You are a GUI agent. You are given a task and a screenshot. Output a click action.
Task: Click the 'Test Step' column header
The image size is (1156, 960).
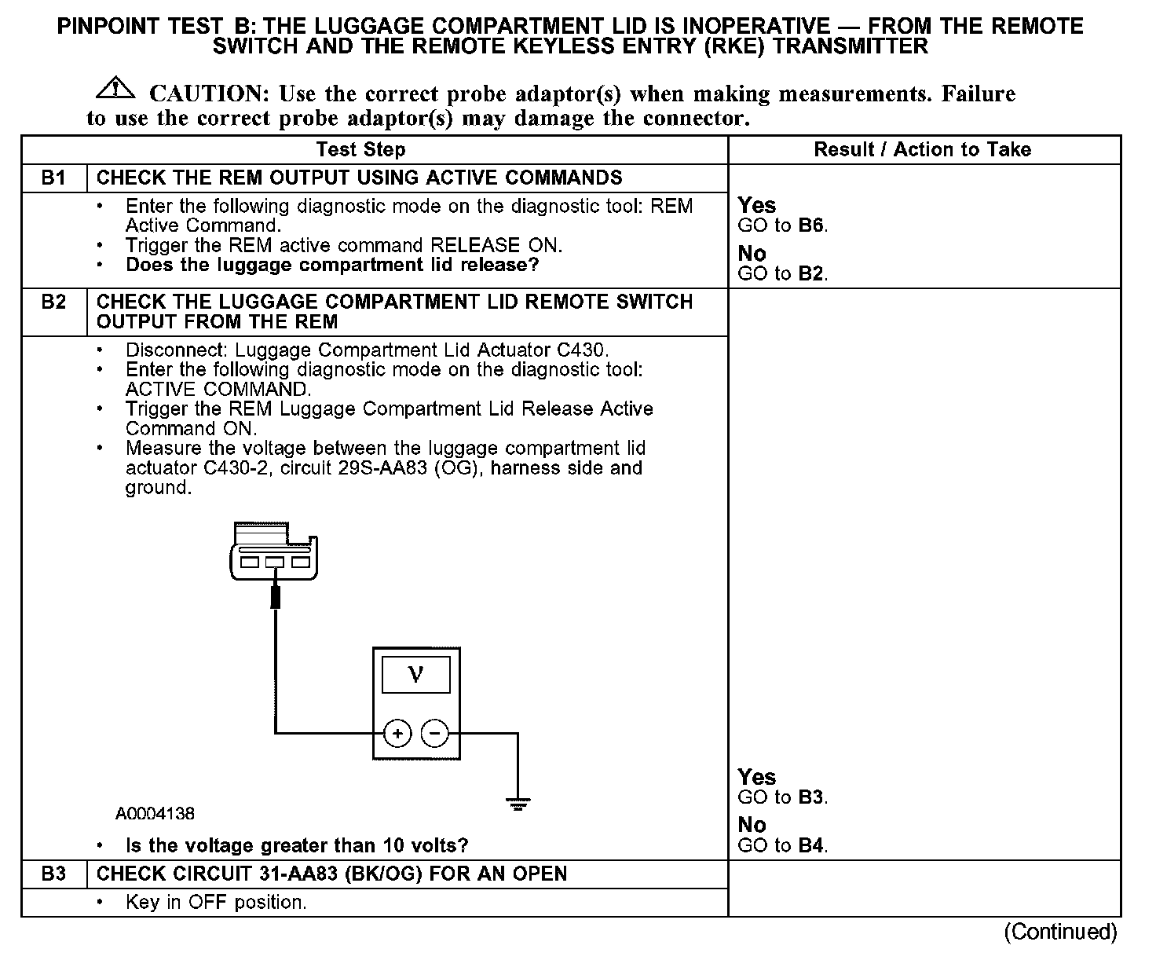click(x=360, y=150)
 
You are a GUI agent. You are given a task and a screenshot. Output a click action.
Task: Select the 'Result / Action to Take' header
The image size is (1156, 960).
click(x=922, y=150)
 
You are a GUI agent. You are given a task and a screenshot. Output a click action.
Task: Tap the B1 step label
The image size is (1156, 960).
click(x=53, y=178)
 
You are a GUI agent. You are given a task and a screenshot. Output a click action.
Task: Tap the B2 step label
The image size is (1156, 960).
click(x=53, y=302)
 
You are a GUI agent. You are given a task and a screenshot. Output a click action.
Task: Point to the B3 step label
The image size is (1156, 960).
click(x=53, y=874)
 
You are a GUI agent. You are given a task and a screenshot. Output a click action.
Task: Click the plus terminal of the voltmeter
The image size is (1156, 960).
click(x=397, y=734)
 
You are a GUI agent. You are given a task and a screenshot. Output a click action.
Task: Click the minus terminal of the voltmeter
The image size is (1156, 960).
click(x=435, y=734)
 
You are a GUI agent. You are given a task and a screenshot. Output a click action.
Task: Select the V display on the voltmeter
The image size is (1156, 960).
click(x=415, y=675)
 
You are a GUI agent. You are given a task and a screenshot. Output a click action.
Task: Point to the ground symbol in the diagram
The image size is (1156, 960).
click(x=518, y=804)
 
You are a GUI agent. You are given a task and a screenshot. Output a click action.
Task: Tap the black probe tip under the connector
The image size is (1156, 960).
click(x=275, y=597)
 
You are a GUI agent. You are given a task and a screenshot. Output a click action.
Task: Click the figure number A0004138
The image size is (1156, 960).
click(x=155, y=814)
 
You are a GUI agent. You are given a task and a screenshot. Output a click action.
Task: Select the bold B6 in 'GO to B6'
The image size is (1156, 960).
click(x=812, y=226)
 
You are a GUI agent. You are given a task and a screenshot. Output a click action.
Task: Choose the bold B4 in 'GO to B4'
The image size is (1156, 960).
click(x=812, y=846)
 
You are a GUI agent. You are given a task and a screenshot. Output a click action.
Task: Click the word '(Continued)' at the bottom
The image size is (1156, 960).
click(x=1060, y=932)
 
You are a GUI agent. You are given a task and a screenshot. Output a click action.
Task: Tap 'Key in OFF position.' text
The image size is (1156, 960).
click(x=216, y=903)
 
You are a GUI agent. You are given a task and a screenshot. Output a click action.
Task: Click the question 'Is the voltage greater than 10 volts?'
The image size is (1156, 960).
click(x=297, y=846)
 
